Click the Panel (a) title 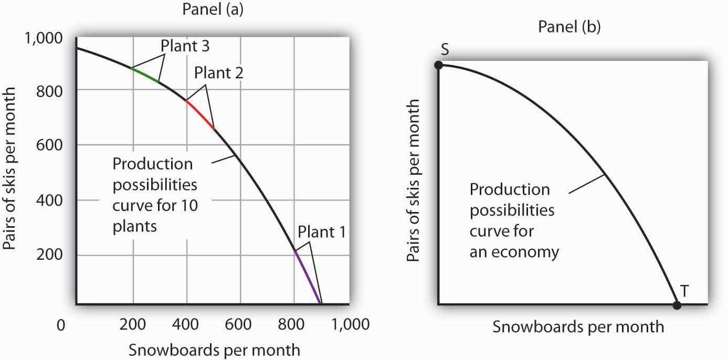click(x=213, y=11)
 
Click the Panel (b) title click(x=569, y=27)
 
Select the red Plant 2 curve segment click(x=200, y=114)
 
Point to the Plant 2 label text click(x=218, y=72)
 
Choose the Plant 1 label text click(x=321, y=231)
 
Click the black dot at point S click(x=439, y=65)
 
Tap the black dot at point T click(x=677, y=305)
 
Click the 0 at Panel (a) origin click(x=61, y=325)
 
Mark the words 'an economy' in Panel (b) click(x=514, y=252)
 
